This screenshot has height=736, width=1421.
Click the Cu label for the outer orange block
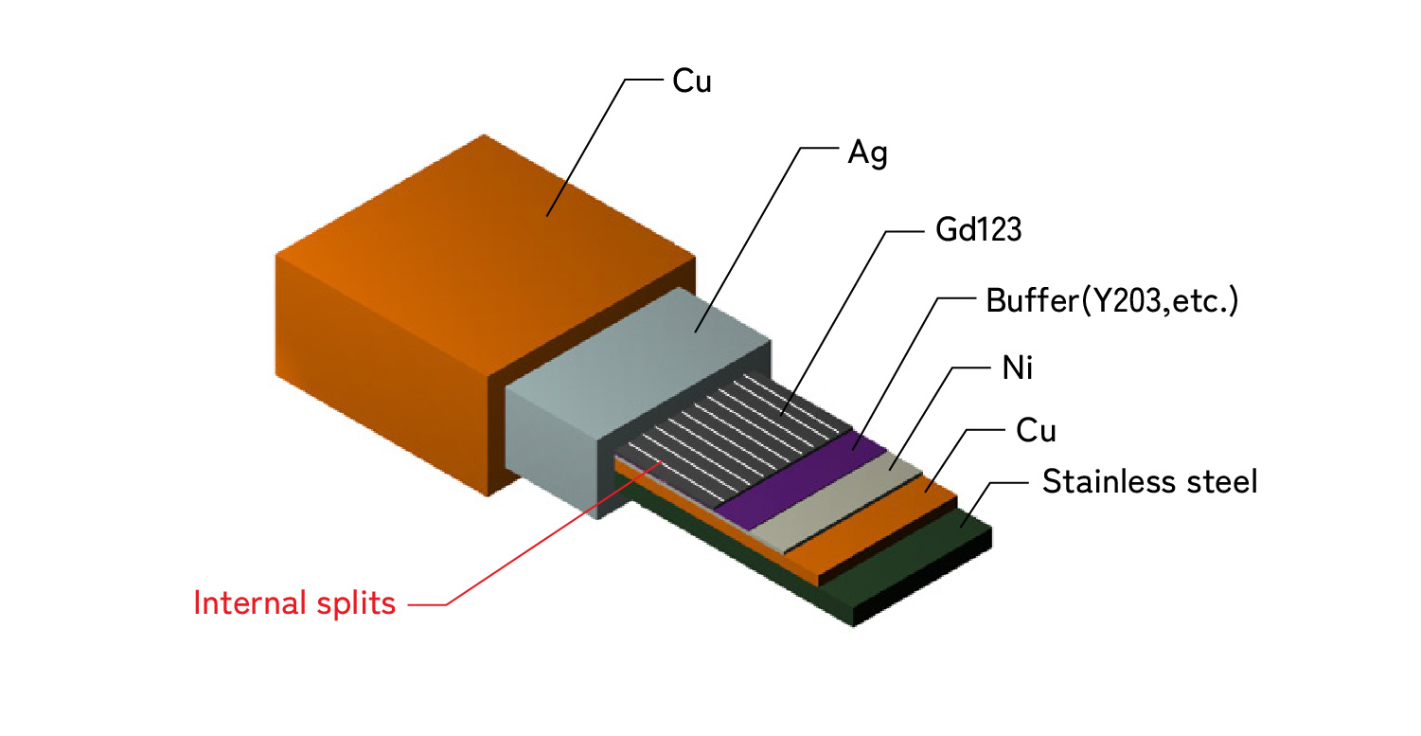[691, 81]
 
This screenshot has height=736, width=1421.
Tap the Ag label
[867, 153]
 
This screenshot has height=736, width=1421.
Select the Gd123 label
[971, 231]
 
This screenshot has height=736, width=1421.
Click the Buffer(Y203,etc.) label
[1112, 302]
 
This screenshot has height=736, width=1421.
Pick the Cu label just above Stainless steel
[1035, 431]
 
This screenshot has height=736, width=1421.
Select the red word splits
[358, 603]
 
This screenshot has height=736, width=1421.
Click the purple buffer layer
[801, 482]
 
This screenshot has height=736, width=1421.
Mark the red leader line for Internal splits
[530, 540]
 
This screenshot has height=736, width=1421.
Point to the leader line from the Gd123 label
[833, 322]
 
